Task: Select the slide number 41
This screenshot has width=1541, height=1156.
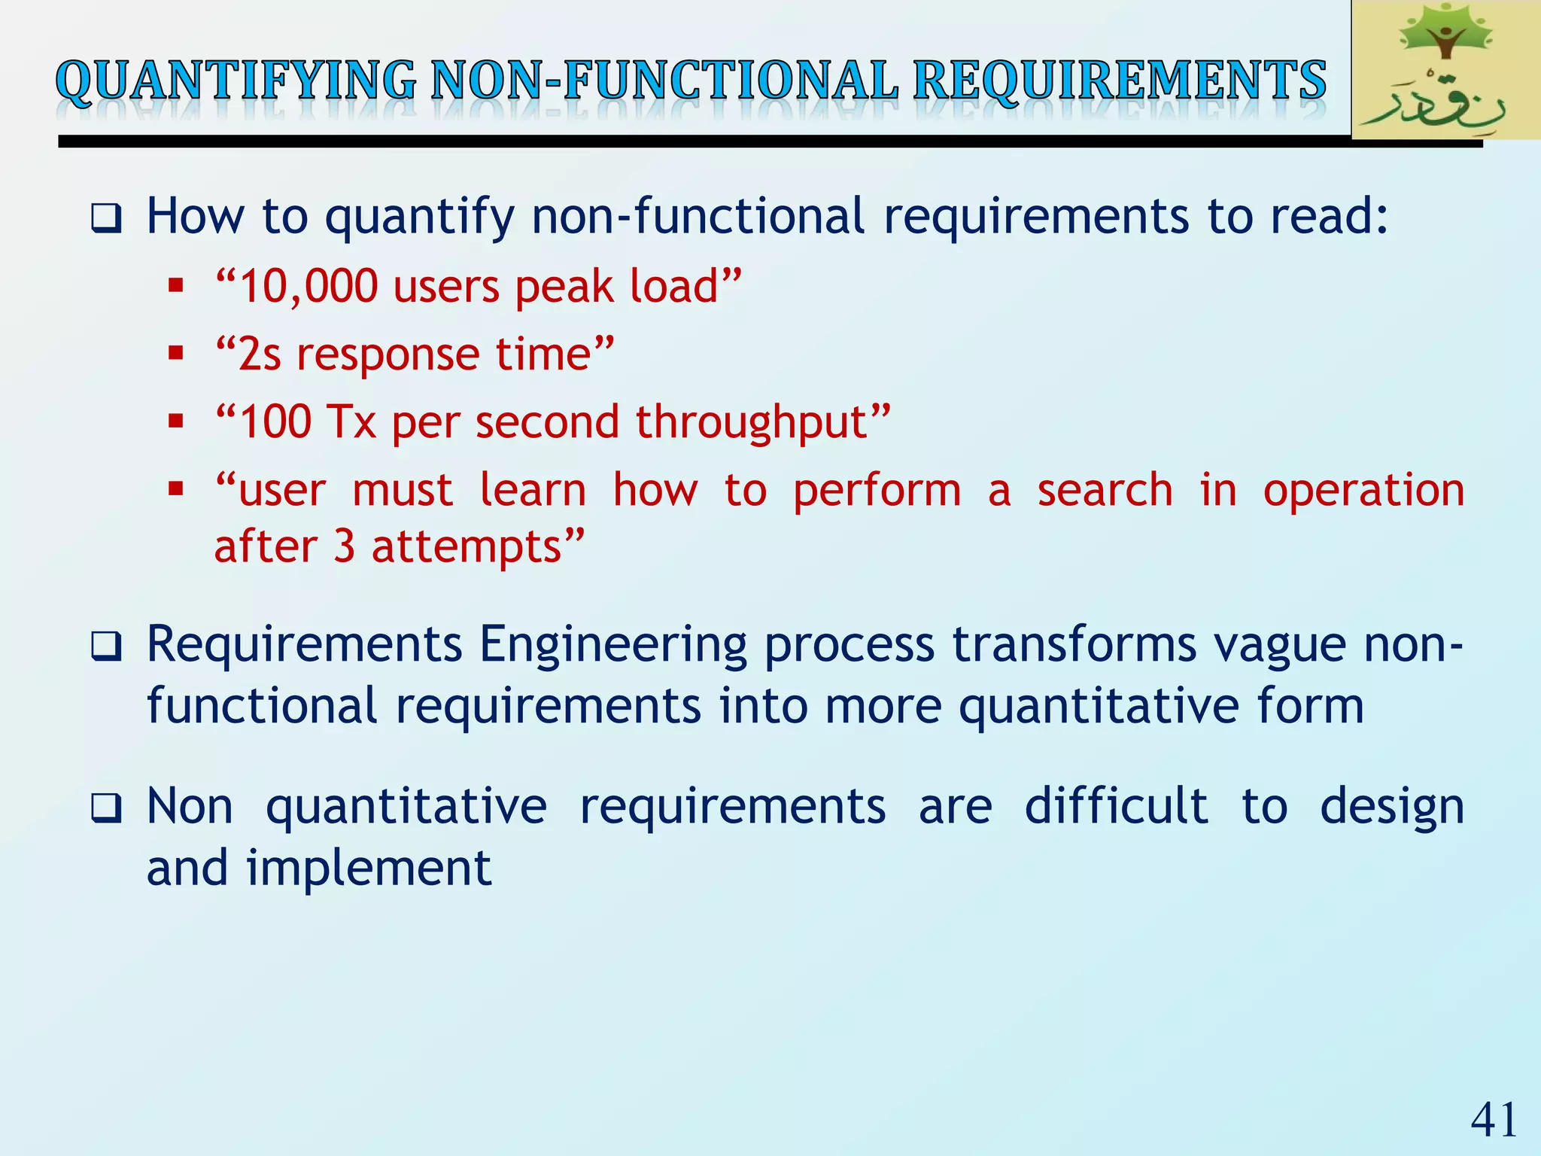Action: pos(1494,1120)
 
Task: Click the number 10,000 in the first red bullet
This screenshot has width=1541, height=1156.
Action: pos(308,287)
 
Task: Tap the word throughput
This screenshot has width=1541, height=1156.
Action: pos(753,421)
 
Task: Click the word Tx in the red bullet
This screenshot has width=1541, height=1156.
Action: pos(351,421)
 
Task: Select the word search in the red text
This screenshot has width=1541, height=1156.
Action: pos(1105,490)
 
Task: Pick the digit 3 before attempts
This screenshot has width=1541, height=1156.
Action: pos(344,546)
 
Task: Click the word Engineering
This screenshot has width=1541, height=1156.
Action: pos(612,645)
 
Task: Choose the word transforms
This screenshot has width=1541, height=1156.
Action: pos(1074,645)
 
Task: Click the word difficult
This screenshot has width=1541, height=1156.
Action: pos(1117,807)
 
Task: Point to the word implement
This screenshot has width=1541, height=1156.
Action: pos(369,869)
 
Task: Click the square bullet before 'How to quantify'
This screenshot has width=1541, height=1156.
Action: pos(106,219)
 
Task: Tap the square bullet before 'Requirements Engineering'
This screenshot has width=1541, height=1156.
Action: pos(106,646)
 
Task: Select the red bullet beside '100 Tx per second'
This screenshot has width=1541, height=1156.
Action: pos(176,421)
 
